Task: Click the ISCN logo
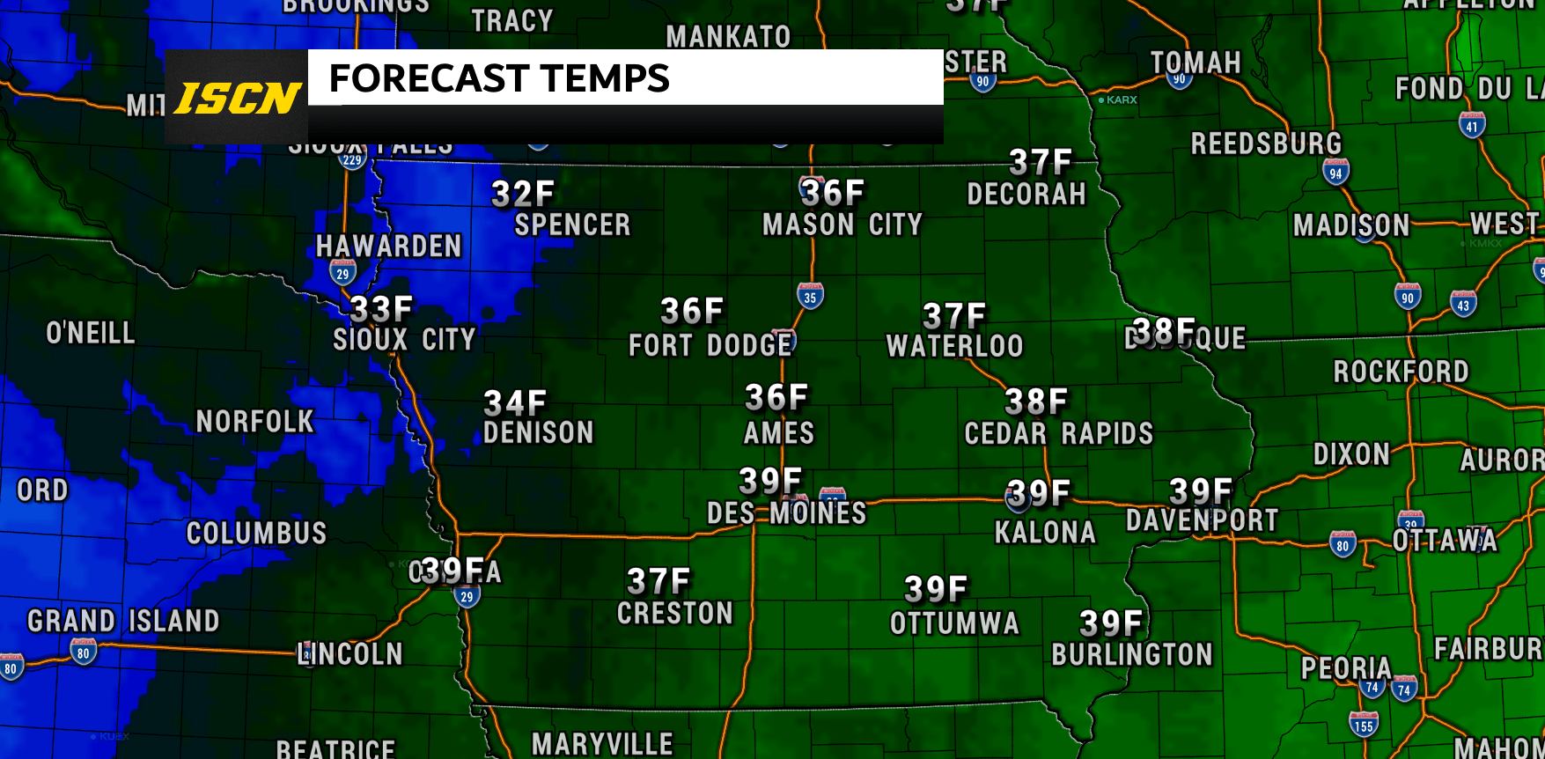237,98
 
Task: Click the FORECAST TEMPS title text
499,78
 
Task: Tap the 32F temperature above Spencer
523,194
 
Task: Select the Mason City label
842,225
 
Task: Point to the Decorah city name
1026,195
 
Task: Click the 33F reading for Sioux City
381,309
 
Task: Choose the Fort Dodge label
710,345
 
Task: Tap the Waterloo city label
954,346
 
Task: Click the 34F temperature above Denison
516,403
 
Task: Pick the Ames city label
779,433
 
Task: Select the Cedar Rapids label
1058,433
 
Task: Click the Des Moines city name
787,513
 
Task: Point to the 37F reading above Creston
658,581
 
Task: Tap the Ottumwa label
954,623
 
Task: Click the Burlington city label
1132,654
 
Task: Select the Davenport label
1202,520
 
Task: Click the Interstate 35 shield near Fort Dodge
810,297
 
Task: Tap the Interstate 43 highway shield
1463,305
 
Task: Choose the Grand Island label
123,621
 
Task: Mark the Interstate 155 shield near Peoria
1364,726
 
